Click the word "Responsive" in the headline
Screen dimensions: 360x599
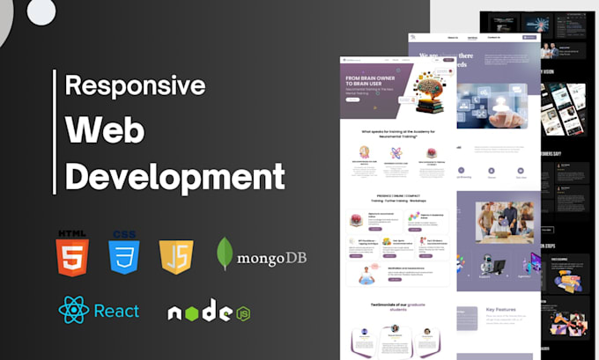point(136,86)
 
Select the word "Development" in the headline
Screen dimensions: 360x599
point(175,174)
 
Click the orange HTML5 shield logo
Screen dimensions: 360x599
point(71,253)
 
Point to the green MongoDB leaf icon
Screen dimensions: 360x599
point(225,254)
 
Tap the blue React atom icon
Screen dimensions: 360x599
point(73,310)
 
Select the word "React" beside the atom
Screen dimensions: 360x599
point(118,311)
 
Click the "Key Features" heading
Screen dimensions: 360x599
point(503,310)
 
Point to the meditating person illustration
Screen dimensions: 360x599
point(364,275)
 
